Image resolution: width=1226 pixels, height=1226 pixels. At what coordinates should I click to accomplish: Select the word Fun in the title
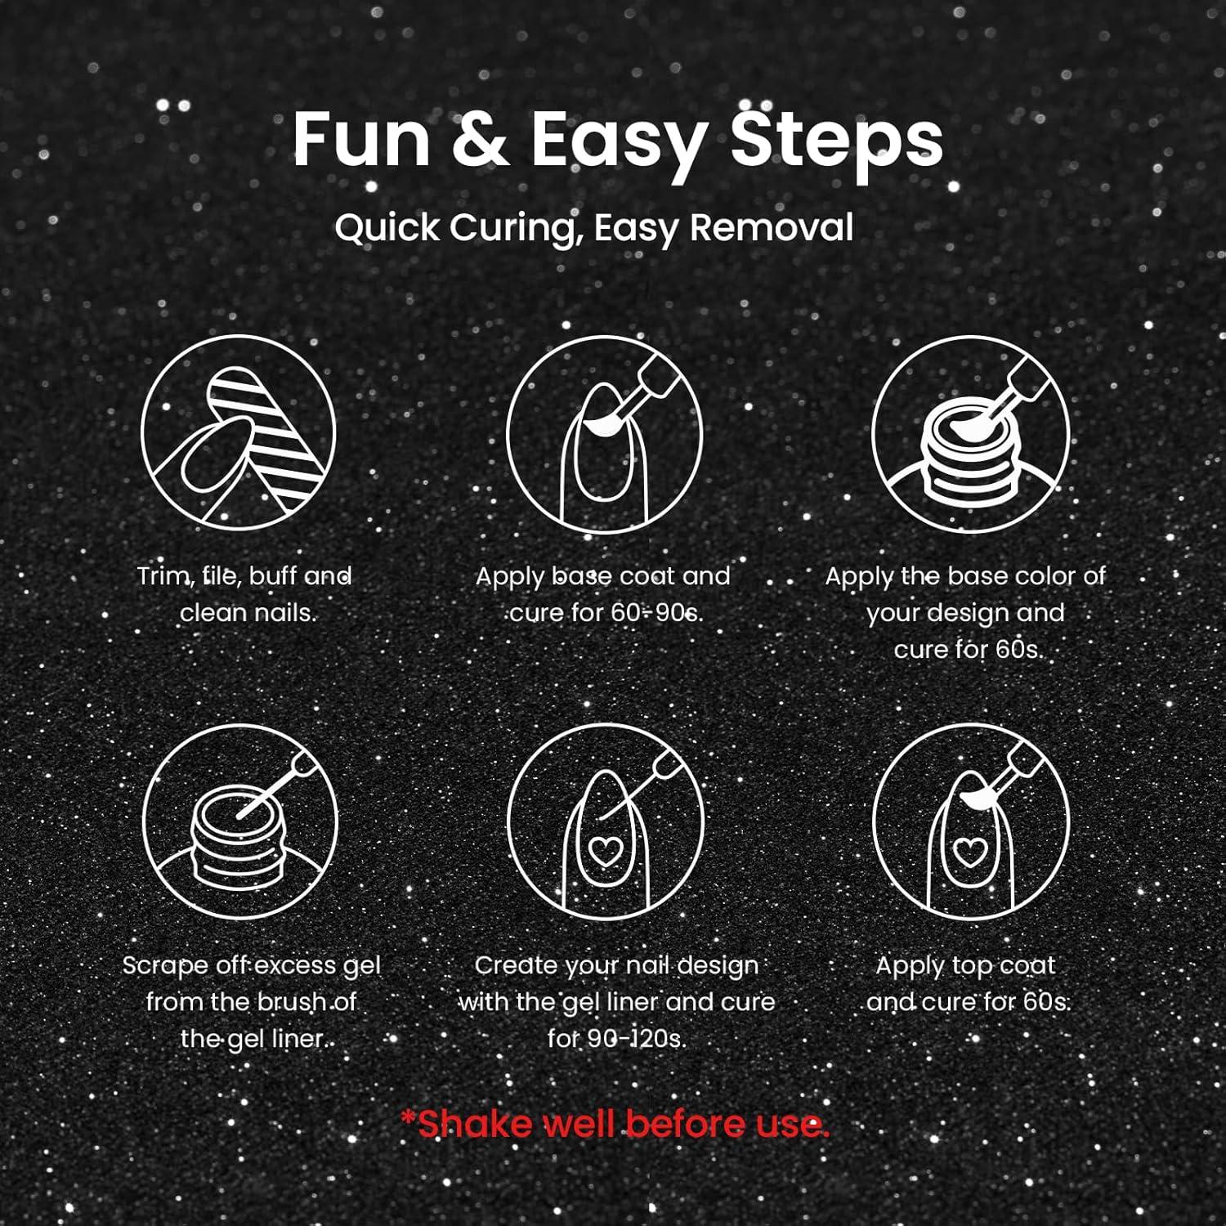click(x=362, y=141)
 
